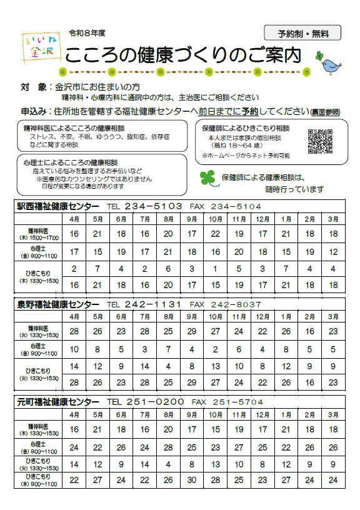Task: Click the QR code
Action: click(x=319, y=141)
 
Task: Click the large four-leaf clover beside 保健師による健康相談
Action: click(x=207, y=178)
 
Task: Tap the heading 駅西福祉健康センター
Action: click(x=57, y=206)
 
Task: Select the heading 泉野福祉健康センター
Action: click(x=57, y=304)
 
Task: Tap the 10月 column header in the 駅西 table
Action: click(x=216, y=218)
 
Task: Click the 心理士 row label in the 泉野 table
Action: click(x=38, y=348)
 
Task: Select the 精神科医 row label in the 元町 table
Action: click(x=38, y=429)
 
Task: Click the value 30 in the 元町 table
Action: click(x=192, y=480)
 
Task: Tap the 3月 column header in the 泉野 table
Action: click(x=333, y=317)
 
